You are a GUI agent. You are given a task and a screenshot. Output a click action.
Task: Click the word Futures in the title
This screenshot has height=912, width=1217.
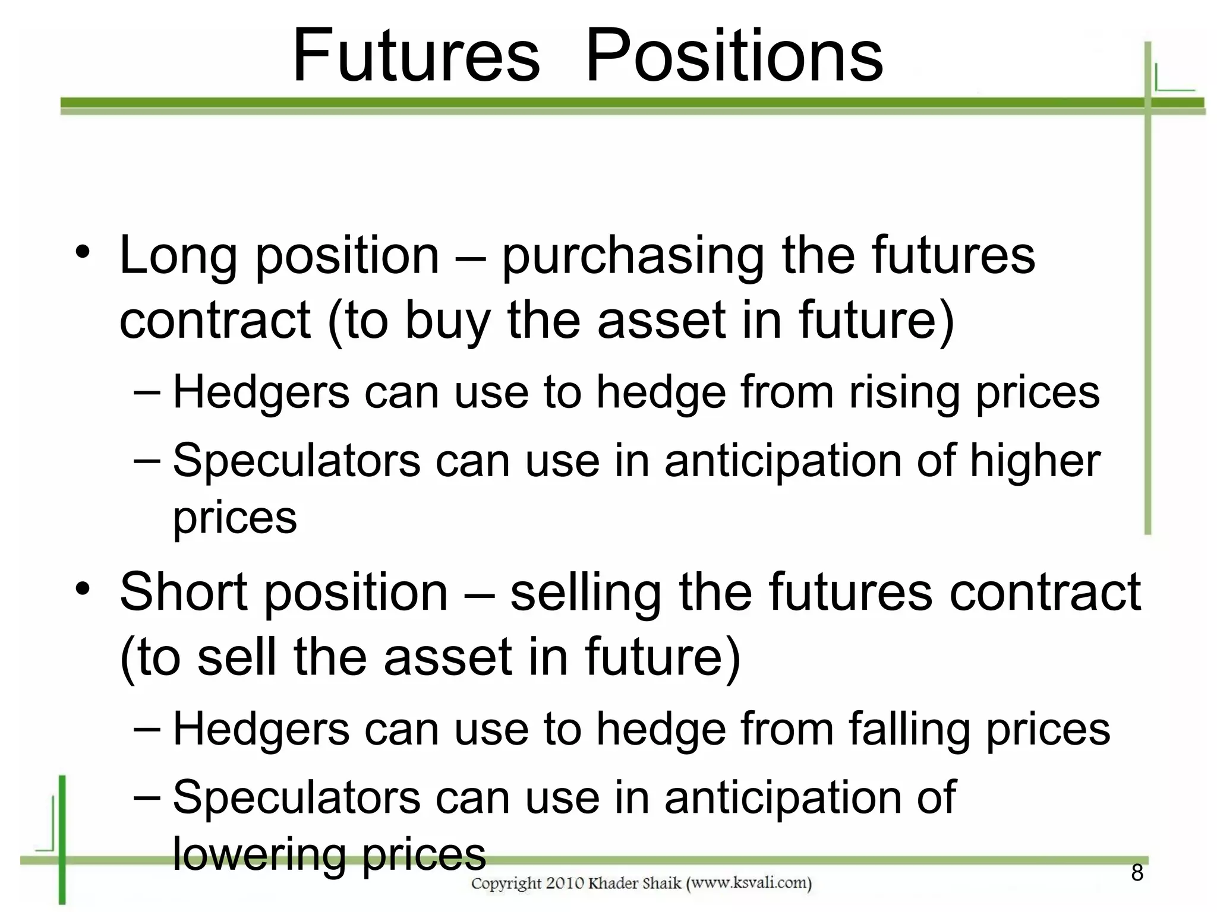click(416, 56)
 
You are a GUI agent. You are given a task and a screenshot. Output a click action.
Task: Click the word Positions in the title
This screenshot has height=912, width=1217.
click(734, 56)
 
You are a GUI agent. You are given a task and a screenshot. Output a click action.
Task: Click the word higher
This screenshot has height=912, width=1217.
click(1035, 461)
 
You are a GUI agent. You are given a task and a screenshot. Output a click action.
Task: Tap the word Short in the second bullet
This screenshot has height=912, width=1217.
click(183, 592)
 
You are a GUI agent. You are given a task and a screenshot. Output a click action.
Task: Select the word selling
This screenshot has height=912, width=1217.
click(585, 592)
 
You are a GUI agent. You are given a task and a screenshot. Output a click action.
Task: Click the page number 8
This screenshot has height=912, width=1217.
click(1137, 873)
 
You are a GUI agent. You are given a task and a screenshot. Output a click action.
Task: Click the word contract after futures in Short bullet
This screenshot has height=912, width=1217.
click(1045, 592)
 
